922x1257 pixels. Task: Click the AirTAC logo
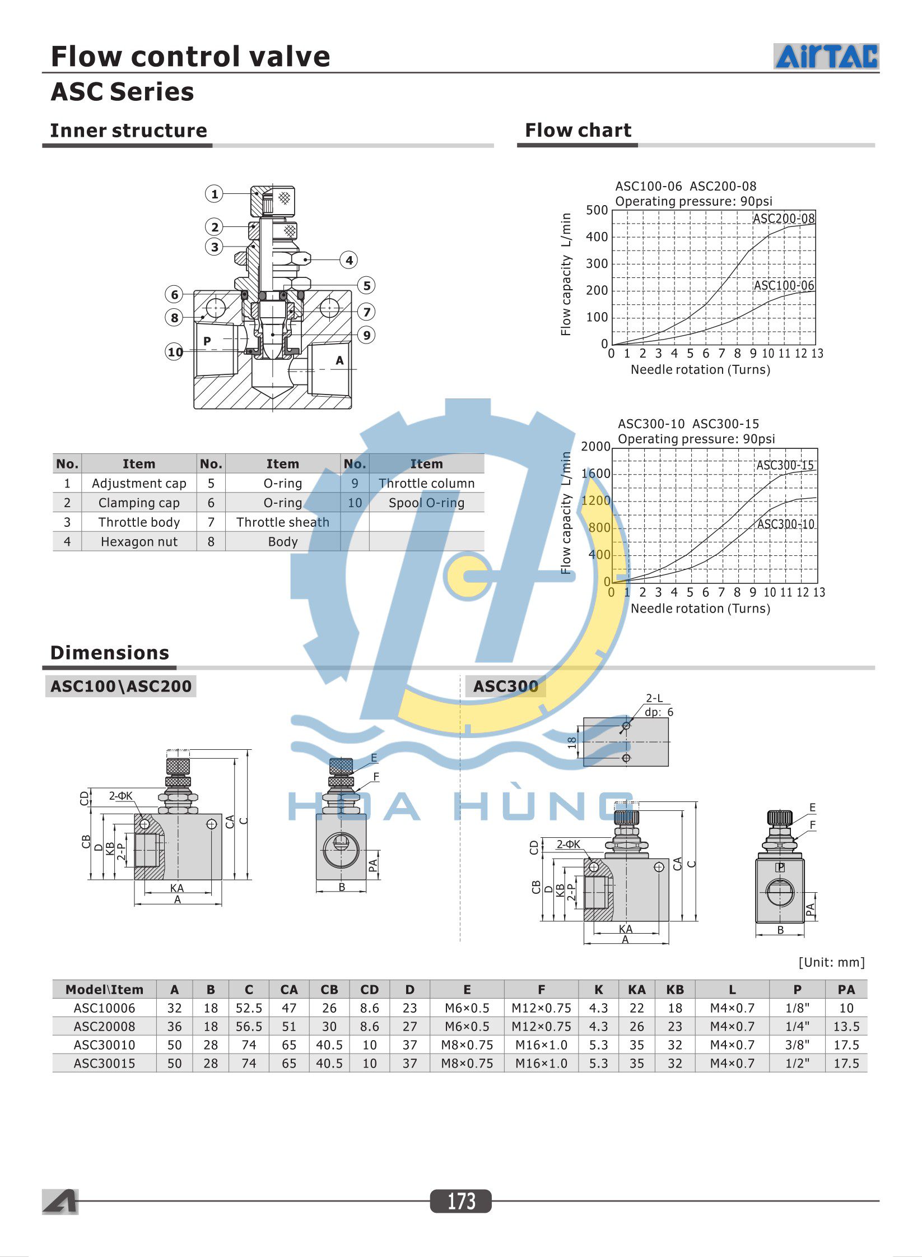826,57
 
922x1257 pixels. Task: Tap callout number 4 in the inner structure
349,260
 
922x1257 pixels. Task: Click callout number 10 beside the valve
175,352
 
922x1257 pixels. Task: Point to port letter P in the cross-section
207,341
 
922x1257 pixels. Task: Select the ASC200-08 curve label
783,219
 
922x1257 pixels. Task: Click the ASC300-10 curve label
785,525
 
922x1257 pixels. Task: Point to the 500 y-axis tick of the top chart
597,211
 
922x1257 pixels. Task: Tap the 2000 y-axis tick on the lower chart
595,447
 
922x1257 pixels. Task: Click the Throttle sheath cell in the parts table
282,522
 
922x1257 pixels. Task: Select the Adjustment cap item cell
139,484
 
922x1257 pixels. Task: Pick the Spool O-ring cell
426,503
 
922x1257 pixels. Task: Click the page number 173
460,1201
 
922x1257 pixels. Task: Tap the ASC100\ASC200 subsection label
121,687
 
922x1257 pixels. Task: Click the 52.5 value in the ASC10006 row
249,1008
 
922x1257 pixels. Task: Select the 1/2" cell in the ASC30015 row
797,1063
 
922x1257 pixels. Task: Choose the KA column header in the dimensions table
636,990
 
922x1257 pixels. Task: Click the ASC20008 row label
104,1027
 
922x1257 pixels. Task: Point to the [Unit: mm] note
831,962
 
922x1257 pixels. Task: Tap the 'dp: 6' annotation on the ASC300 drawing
659,712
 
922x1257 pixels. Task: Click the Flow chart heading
578,131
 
